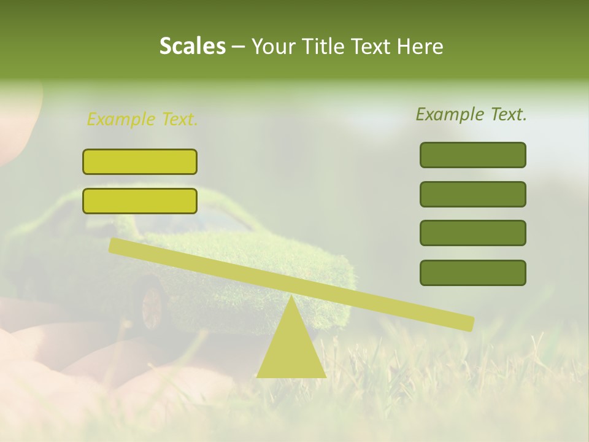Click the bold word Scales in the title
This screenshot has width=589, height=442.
(x=192, y=46)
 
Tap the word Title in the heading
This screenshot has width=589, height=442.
(x=326, y=46)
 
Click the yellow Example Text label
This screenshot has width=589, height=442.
(x=142, y=120)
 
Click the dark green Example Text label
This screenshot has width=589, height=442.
(x=471, y=114)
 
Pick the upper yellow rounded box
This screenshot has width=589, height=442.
(x=140, y=161)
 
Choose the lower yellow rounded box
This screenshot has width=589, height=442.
(x=140, y=201)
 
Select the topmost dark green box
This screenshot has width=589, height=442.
(x=472, y=155)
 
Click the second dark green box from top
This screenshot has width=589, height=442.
(x=472, y=194)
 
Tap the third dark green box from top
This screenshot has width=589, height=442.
(x=472, y=233)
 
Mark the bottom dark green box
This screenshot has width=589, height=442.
(x=472, y=273)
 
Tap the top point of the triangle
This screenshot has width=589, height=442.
(x=291, y=298)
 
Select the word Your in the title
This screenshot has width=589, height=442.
(x=274, y=46)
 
